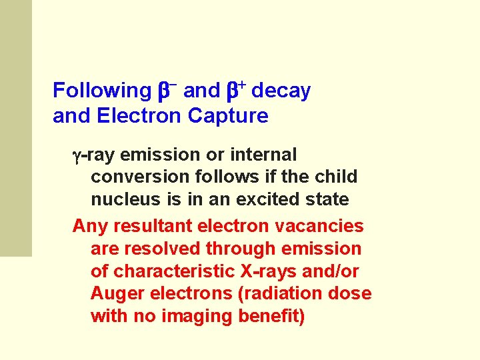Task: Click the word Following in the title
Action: click(x=102, y=91)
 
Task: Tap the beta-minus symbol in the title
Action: click(x=167, y=90)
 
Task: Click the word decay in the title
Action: click(x=281, y=91)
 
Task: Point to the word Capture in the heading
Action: click(x=228, y=116)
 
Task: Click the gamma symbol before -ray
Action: click(x=76, y=156)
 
